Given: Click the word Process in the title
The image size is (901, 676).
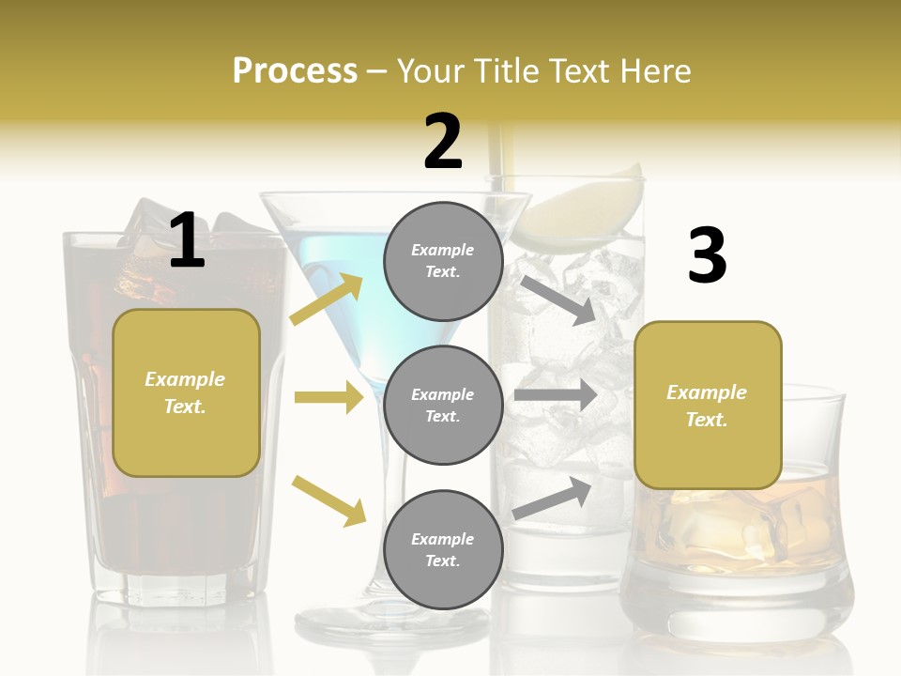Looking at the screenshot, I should (x=295, y=71).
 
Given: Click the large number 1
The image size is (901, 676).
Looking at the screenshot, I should (x=187, y=241).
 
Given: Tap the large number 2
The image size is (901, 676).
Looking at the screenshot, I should (x=443, y=143).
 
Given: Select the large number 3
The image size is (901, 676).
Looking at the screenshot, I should (x=707, y=256).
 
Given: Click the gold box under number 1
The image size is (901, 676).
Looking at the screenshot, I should (x=186, y=392).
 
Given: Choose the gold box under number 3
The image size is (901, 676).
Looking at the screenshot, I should (x=708, y=406).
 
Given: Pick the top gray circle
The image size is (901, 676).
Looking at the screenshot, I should (x=443, y=261).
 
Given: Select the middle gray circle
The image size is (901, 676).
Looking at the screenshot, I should (x=443, y=405).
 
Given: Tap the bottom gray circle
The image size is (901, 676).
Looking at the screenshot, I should (x=443, y=549).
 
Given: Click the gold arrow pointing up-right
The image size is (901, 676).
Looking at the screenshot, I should (x=327, y=299).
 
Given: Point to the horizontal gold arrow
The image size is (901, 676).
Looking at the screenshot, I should (x=328, y=397).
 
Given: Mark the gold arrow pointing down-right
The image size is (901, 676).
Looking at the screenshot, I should (x=328, y=500).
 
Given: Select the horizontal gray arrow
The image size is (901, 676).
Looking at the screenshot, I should (x=556, y=394).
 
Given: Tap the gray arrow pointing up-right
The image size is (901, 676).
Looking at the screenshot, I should (x=552, y=498).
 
